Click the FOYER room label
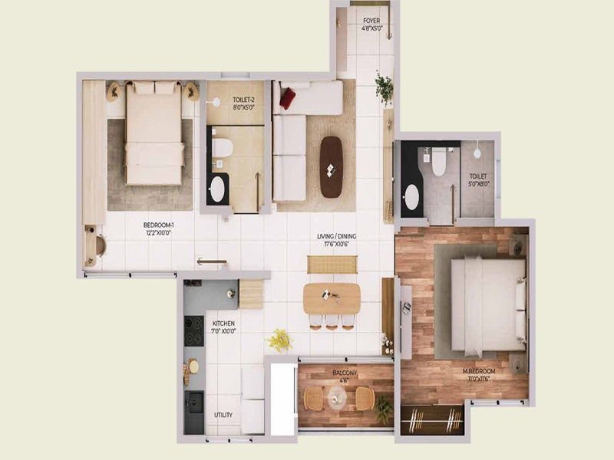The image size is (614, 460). coord(372,21)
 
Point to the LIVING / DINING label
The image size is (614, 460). coord(337,240)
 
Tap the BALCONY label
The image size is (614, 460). coord(344,373)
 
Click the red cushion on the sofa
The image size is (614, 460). coord(288,98)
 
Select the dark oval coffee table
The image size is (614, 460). coord(331,166)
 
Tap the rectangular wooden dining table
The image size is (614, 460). coord(332,298)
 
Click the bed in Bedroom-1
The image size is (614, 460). coord(154,133)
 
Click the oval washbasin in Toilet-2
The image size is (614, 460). coord(218,189)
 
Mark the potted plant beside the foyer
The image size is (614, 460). coord(385,86)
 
